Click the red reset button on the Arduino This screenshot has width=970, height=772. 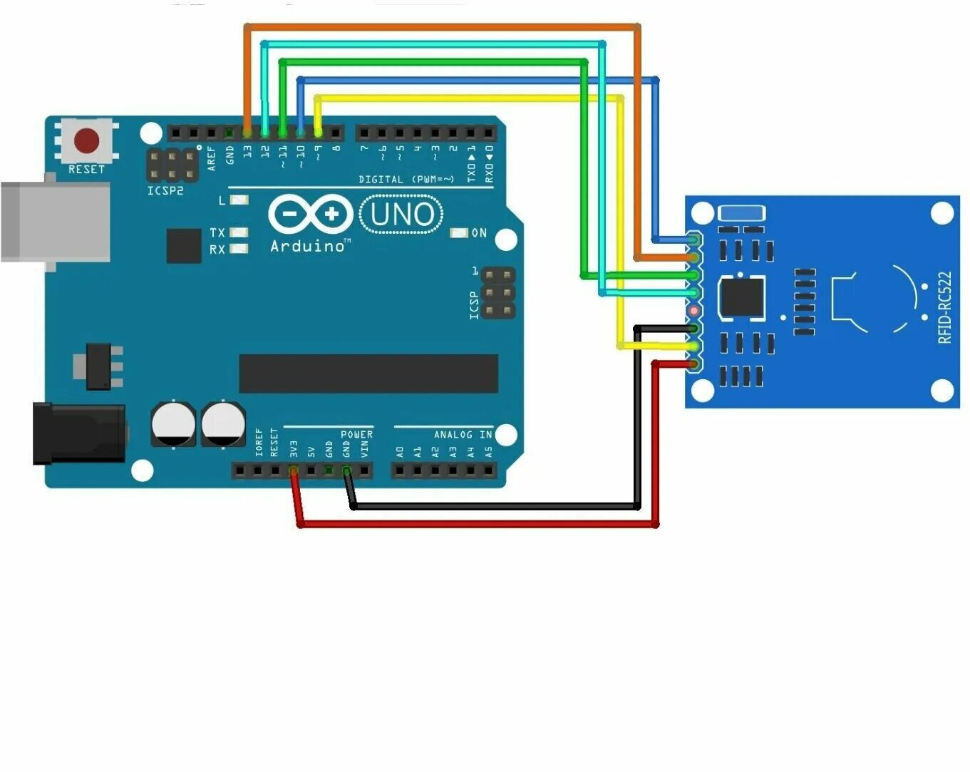click(x=87, y=140)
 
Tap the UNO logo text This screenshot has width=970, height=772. click(x=401, y=215)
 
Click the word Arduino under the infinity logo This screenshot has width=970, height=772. click(x=308, y=246)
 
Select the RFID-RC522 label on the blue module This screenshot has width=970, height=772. click(x=944, y=307)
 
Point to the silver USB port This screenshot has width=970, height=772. click(x=56, y=222)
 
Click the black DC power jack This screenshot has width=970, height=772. click(x=78, y=433)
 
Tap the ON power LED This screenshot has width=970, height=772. click(x=460, y=233)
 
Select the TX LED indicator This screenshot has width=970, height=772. click(x=239, y=232)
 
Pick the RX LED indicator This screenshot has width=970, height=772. click(x=239, y=249)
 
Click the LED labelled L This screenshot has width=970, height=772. click(x=239, y=200)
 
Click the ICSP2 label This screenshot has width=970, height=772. click(x=165, y=191)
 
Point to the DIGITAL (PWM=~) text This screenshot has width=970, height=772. click(x=406, y=180)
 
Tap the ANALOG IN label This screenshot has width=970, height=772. click(x=463, y=434)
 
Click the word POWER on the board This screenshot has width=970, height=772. click(x=356, y=434)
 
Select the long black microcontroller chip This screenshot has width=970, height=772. click(x=368, y=374)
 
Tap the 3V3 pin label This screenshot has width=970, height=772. click(x=293, y=448)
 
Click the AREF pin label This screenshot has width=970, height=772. click(x=212, y=158)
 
